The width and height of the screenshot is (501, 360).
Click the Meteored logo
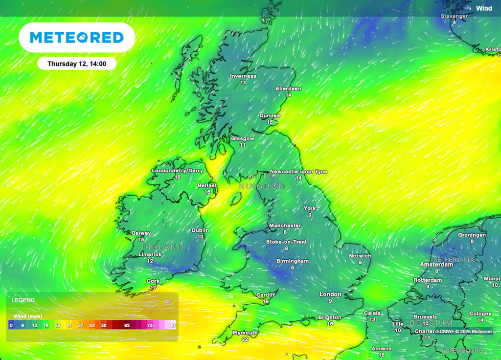tap(77, 38)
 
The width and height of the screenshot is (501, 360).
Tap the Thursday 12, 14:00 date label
tap(77, 64)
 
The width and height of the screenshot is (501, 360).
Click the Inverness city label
tap(243, 76)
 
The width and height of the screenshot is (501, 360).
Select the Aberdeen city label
tap(288, 89)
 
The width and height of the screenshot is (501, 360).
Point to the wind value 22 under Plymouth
tap(245, 339)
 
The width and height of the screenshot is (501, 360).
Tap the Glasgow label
tap(243, 138)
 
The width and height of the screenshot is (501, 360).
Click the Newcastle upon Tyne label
tap(298, 172)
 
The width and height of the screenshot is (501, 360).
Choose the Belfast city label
tap(207, 186)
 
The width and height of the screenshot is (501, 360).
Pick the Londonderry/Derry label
tap(177, 171)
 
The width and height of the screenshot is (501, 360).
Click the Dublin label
tap(201, 230)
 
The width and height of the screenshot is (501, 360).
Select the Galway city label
tap(141, 233)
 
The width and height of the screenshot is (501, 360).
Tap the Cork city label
tap(153, 281)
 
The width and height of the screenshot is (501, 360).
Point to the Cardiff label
tap(266, 295)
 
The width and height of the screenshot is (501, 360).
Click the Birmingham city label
tap(293, 261)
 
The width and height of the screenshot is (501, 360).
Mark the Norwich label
tap(360, 256)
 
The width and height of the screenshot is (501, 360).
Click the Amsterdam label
tap(437, 265)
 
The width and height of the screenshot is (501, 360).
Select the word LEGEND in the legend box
tap(23, 300)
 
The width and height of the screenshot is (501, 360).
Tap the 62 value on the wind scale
tap(127, 325)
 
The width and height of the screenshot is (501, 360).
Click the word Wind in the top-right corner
tap(484, 8)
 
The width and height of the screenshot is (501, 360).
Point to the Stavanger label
tap(454, 16)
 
